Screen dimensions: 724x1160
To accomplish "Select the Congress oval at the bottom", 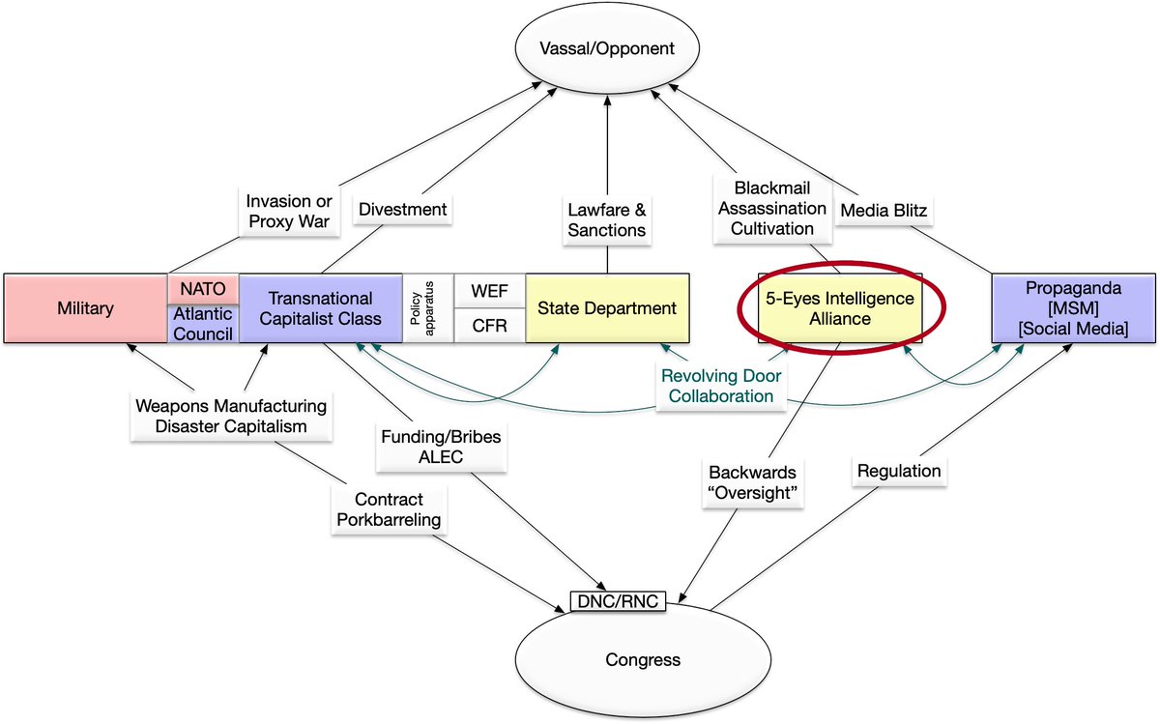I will pyautogui.click(x=643, y=660).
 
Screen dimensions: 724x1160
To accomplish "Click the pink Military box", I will pyautogui.click(x=85, y=308).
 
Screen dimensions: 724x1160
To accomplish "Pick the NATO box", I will pyautogui.click(x=203, y=288).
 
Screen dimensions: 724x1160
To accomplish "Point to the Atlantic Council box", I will pyautogui.click(x=203, y=323).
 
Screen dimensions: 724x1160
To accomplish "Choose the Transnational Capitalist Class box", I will pyautogui.click(x=320, y=308).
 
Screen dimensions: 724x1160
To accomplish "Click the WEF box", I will pyautogui.click(x=489, y=290).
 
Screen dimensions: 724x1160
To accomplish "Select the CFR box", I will pyautogui.click(x=489, y=326).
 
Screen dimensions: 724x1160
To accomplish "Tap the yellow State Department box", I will pyautogui.click(x=607, y=308).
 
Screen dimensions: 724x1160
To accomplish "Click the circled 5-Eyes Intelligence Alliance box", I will pyautogui.click(x=840, y=308).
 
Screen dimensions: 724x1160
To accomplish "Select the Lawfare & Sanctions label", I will pyautogui.click(x=607, y=219).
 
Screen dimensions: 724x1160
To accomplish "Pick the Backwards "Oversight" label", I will pyautogui.click(x=752, y=483).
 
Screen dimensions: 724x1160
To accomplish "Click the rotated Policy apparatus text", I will pyautogui.click(x=427, y=307).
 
